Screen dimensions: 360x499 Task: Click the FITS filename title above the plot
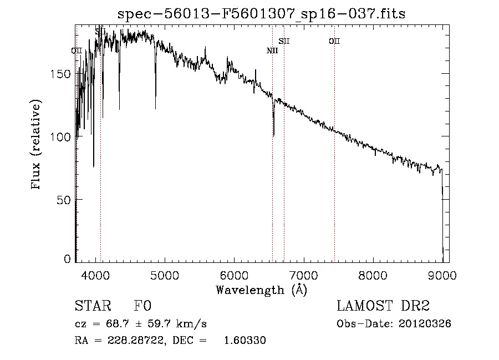coord(261,14)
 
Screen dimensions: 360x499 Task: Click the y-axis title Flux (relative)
coord(37,146)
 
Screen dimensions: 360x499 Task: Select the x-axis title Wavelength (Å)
coord(261,290)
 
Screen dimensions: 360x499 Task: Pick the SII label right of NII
coord(284,41)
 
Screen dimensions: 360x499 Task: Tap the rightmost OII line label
coord(334,41)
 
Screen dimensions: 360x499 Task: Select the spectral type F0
coord(142,306)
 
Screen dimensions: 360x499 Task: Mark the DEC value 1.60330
coord(245,341)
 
